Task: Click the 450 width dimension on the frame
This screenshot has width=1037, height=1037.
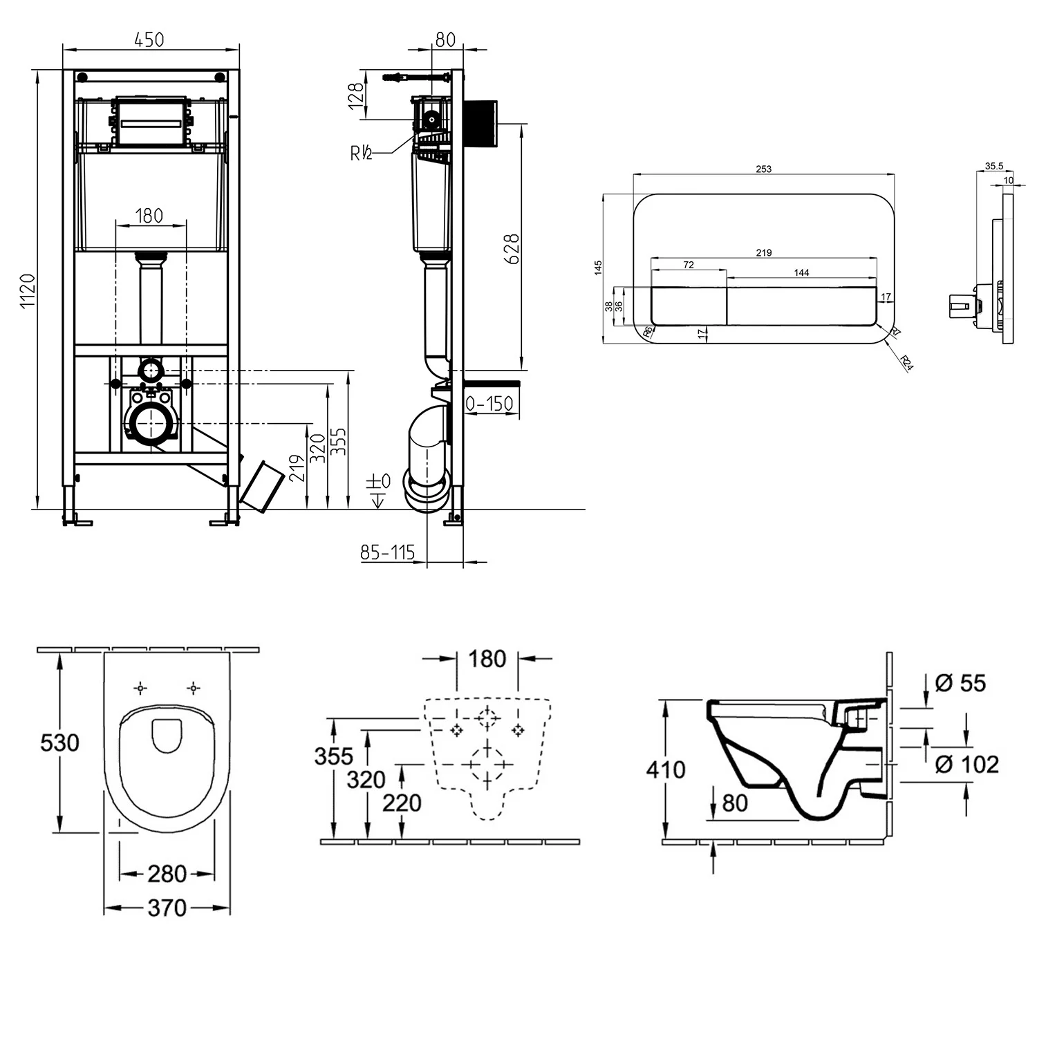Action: tap(149, 39)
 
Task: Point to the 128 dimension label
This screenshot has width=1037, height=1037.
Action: tap(356, 97)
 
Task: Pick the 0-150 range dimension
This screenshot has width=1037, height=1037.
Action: tap(489, 404)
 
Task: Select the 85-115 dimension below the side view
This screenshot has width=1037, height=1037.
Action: tap(387, 552)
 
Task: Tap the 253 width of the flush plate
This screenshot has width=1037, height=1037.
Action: tap(763, 169)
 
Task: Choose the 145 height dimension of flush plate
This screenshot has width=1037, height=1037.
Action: tap(598, 268)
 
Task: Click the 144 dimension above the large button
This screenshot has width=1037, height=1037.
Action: tap(801, 272)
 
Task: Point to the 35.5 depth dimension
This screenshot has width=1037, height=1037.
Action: tap(993, 166)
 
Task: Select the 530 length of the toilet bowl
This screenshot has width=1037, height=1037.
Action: tap(59, 743)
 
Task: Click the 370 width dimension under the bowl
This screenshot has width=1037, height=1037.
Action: tap(167, 908)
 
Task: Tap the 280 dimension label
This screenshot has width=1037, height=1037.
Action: tap(167, 875)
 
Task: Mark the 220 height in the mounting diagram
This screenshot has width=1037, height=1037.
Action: tap(402, 803)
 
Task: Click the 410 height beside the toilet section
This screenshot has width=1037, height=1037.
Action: tap(665, 769)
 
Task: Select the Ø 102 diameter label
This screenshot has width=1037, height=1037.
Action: tap(966, 765)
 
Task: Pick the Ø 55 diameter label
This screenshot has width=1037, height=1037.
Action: tap(960, 683)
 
